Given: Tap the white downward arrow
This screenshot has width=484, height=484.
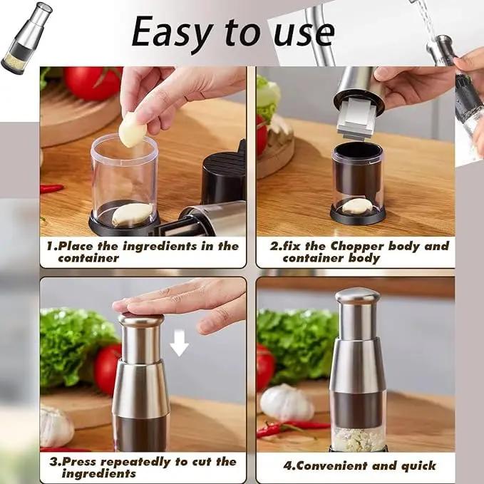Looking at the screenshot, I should click(x=180, y=345).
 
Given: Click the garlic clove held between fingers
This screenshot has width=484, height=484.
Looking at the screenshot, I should click(x=133, y=130).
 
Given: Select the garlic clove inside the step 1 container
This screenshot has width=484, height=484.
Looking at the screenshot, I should click(x=133, y=213).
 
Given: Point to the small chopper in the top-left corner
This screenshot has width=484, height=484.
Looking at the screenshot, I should click(x=27, y=38).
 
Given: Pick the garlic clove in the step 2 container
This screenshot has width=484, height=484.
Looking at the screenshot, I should click(x=357, y=206).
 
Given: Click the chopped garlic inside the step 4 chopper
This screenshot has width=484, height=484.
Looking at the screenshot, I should click(x=358, y=438).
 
